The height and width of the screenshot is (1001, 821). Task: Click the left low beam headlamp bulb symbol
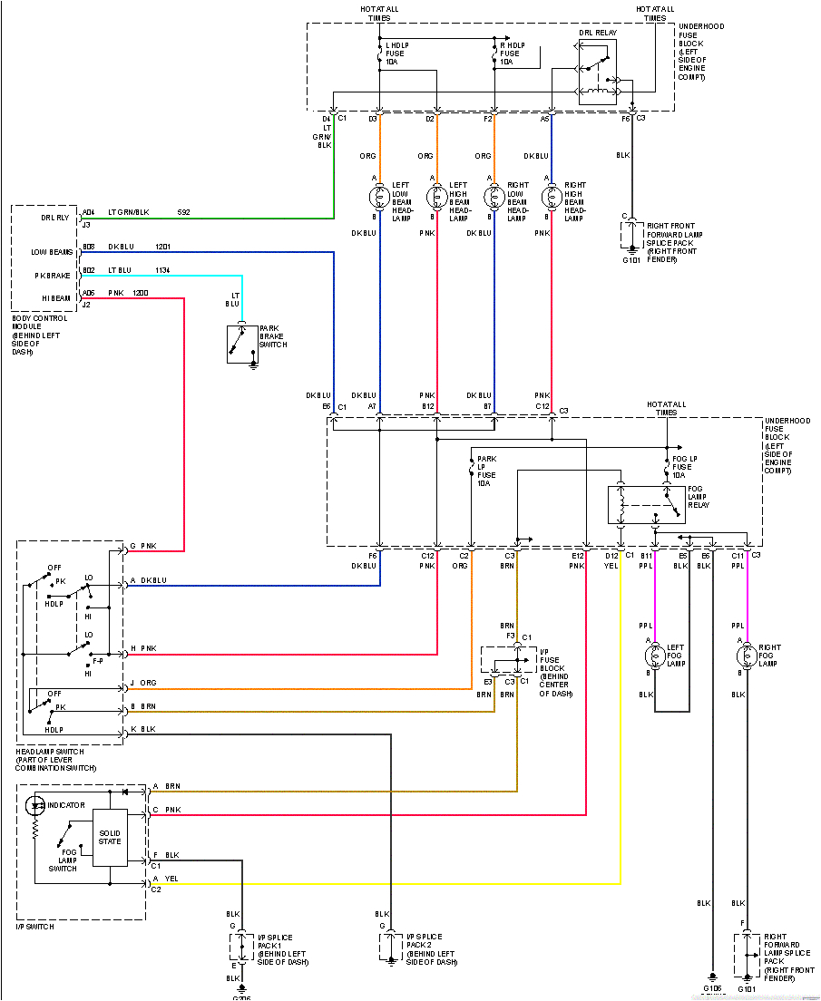(x=379, y=197)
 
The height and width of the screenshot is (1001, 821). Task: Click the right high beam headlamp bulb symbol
(x=551, y=197)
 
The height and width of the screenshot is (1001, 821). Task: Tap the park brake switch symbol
(x=241, y=345)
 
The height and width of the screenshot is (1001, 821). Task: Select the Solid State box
(x=110, y=836)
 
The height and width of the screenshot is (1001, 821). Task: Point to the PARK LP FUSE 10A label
(x=486, y=471)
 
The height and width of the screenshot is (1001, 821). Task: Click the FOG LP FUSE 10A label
(x=686, y=467)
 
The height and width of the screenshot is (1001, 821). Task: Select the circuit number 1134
(x=162, y=270)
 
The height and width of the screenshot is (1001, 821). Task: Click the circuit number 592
(x=184, y=212)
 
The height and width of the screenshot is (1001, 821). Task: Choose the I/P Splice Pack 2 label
(x=431, y=948)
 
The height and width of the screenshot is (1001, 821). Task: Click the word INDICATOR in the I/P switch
(x=66, y=805)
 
